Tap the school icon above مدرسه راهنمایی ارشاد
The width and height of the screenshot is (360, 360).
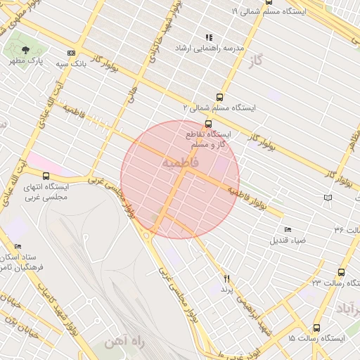[x=208, y=37]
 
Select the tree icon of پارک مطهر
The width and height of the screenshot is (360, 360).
[x=26, y=51]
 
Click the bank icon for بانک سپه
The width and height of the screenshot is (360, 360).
[x=71, y=53]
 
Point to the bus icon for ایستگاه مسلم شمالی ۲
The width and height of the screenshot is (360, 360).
[x=220, y=98]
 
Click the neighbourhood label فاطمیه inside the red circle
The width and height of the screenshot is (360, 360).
[x=180, y=163]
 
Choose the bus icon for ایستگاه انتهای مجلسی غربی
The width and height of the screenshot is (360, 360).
[x=46, y=176]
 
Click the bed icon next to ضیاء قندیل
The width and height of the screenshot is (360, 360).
[x=288, y=230]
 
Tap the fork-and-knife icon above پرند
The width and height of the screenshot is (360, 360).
[x=226, y=279]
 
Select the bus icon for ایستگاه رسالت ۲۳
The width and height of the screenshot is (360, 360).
[x=341, y=272]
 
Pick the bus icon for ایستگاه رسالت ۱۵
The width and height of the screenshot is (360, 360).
[x=316, y=328]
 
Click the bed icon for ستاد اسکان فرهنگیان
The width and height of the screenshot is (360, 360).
[x=18, y=247]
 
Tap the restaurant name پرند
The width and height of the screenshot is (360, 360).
[x=226, y=289]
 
